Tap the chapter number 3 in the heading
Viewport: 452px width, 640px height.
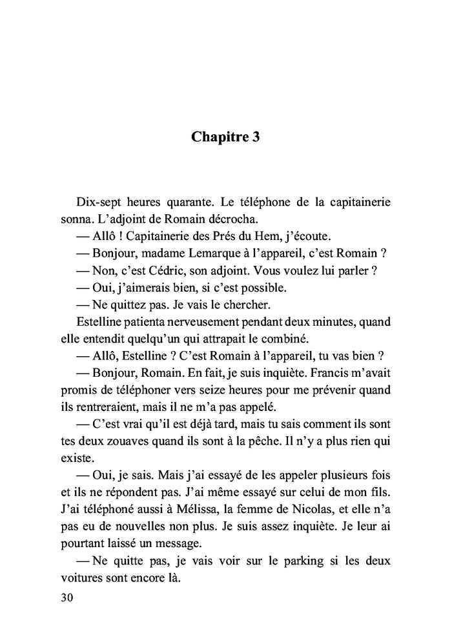256,137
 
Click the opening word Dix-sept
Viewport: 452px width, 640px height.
98,202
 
